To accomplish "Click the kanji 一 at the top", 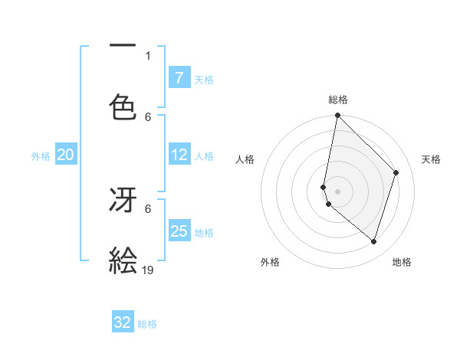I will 122,47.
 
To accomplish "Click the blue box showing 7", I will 179,78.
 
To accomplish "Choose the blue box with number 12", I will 179,155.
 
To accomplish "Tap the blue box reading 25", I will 179,231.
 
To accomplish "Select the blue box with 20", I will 66,155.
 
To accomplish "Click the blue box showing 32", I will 123,322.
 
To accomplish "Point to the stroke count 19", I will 149,270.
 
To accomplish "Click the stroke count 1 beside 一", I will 148,55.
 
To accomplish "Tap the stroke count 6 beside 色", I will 148,116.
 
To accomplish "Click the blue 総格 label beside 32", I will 147,324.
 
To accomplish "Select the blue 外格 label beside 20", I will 41,156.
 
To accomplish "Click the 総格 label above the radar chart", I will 338,100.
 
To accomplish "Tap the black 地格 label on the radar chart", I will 402,262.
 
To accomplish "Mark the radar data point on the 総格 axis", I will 337,116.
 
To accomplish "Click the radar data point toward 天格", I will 396,172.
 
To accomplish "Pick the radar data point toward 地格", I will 373,241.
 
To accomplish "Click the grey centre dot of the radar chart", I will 337,191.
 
